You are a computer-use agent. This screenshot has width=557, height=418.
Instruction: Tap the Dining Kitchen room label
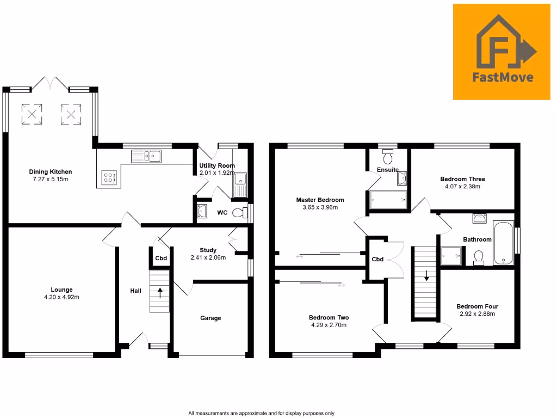pyautogui.click(x=51, y=172)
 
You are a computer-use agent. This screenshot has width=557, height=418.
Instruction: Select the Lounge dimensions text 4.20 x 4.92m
pyautogui.click(x=61, y=297)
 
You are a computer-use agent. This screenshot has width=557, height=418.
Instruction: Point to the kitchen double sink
pyautogui.click(x=146, y=156)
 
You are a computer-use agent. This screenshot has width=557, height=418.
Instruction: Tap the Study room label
pyautogui.click(x=208, y=250)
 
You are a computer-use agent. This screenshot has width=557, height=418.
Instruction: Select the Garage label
pyautogui.click(x=211, y=318)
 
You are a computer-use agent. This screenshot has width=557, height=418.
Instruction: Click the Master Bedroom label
pyautogui.click(x=320, y=200)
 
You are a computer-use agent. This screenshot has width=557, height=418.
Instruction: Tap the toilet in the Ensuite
pyautogui.click(x=388, y=157)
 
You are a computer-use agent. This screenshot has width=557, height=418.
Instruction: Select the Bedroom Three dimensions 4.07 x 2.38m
pyautogui.click(x=462, y=187)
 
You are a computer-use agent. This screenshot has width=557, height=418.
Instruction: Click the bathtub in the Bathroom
pyautogui.click(x=503, y=243)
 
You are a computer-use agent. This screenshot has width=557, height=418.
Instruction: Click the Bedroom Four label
pyautogui.click(x=477, y=306)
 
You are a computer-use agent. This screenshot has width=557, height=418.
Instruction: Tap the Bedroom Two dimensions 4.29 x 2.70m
pyautogui.click(x=329, y=325)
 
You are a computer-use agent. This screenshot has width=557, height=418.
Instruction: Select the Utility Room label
pyautogui.click(x=217, y=165)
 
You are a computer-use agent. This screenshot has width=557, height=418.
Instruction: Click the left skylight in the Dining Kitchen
pyautogui.click(x=32, y=114)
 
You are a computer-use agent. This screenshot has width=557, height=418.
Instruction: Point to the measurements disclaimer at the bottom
pyautogui.click(x=261, y=413)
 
